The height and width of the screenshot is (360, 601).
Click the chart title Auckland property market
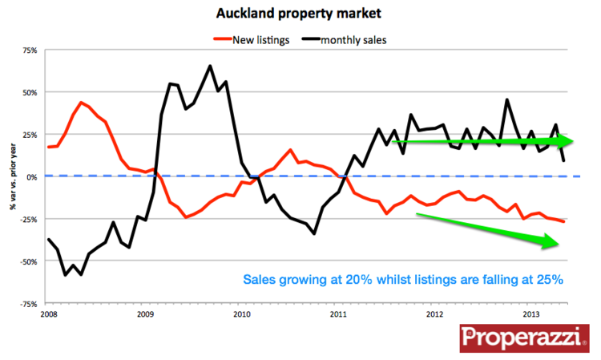(x=300, y=14)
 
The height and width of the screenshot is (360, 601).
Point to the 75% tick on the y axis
(x=30, y=51)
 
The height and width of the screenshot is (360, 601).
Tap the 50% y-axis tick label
(x=30, y=92)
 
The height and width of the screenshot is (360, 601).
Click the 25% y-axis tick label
(x=30, y=135)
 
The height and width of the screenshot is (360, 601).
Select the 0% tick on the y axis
(x=31, y=177)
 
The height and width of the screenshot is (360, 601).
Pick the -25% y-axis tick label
(x=29, y=219)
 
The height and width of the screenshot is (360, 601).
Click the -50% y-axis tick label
(x=29, y=261)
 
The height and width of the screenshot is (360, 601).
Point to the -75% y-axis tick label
(x=29, y=304)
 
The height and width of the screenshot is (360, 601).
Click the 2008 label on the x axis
(x=48, y=313)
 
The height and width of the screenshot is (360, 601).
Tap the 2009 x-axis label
(x=145, y=313)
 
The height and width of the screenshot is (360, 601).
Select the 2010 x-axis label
(x=241, y=313)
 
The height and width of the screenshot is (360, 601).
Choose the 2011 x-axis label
(x=338, y=313)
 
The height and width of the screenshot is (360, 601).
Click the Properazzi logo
(x=524, y=338)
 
